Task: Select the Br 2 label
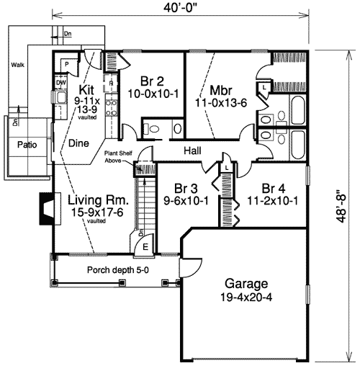150,81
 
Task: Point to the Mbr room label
220,91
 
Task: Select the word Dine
79,143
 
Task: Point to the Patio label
27,144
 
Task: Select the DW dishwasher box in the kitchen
62,82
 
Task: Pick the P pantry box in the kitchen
66,63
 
